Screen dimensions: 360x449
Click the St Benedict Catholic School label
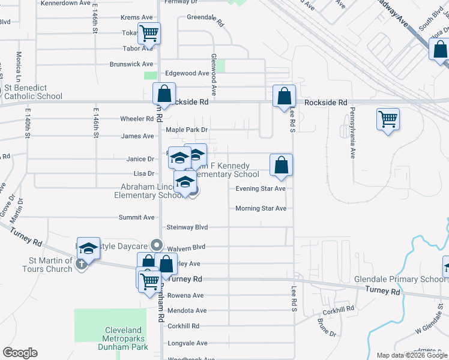[x=33, y=92]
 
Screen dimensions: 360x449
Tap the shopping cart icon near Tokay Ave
[x=149, y=34]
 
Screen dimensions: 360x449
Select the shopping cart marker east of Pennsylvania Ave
[x=388, y=119]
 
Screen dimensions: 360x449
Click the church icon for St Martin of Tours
[x=82, y=262]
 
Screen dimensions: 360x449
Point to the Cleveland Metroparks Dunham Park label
[x=123, y=338]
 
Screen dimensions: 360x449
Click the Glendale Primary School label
[x=408, y=279]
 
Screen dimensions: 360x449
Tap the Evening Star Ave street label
[x=260, y=188]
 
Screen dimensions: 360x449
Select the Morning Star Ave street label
[x=261, y=208]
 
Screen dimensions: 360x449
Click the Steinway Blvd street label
[x=187, y=227]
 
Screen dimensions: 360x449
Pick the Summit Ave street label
[x=136, y=217]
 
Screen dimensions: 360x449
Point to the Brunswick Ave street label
[x=131, y=64]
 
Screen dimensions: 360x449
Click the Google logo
[x=20, y=353]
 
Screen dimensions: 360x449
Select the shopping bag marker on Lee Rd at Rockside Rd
[x=284, y=96]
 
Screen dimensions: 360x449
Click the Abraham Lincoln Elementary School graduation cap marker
[x=185, y=182]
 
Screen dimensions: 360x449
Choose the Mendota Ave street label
[x=187, y=310]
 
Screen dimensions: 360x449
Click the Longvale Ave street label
[x=187, y=343]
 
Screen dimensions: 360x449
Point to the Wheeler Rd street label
[x=137, y=119]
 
